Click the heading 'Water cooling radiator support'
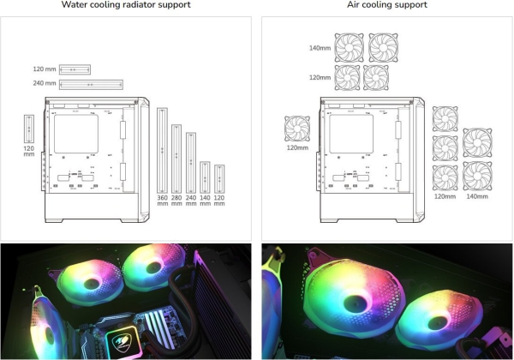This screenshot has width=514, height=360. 126,5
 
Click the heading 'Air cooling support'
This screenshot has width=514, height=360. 385,5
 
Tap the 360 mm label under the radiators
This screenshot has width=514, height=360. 163,204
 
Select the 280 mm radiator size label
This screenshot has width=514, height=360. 176,204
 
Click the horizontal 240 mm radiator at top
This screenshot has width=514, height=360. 90,84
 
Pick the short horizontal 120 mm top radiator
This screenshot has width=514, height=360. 75,69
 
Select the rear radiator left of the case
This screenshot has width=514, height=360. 29,128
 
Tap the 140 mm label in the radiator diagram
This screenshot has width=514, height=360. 206,204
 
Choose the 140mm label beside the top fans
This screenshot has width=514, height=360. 319,48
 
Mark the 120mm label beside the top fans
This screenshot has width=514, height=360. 319,78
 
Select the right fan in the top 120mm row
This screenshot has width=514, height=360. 377,78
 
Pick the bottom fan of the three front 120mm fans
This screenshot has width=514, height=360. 445,177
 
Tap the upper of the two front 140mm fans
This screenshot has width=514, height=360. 476,142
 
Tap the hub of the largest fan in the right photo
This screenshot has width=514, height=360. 352,302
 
